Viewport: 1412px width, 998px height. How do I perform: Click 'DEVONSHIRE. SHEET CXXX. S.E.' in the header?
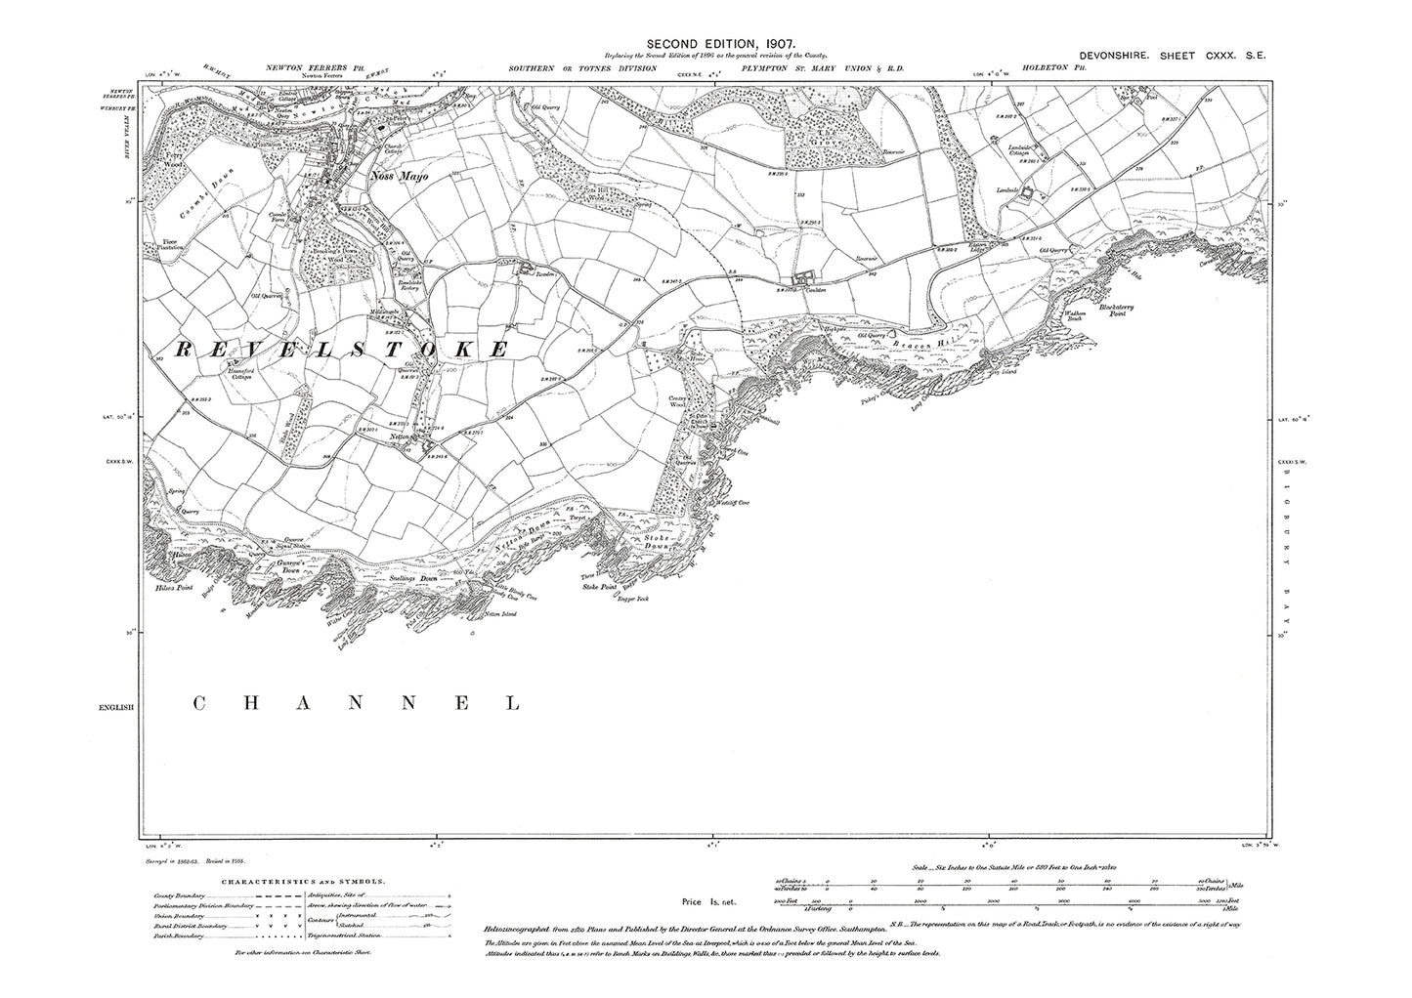coord(1172,58)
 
